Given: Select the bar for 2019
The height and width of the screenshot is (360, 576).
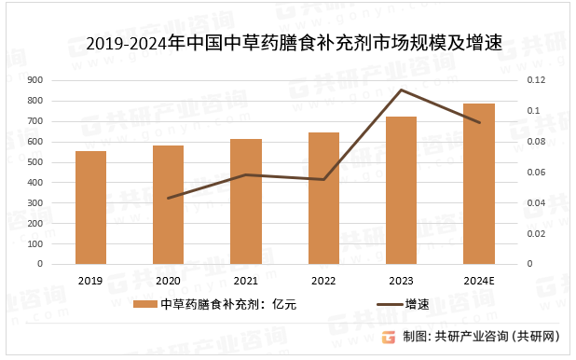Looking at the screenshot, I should (90, 207).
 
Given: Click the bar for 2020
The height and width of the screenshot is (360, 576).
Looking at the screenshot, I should (168, 204).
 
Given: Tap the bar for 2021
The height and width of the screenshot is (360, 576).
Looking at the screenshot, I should (246, 201).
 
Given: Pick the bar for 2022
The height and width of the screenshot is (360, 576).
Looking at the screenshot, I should (323, 198).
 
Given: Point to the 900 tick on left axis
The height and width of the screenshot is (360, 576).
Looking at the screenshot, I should (35, 80).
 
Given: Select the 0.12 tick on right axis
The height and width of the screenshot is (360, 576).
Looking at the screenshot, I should (534, 80).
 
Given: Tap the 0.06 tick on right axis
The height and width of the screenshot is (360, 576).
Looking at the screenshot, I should (534, 172).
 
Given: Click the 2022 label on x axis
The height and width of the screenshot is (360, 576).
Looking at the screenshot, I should (323, 281).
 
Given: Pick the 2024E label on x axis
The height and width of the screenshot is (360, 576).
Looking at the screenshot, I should (478, 281).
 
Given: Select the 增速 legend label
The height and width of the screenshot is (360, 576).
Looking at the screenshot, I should (416, 304).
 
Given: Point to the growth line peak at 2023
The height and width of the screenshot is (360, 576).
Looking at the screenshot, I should (401, 90).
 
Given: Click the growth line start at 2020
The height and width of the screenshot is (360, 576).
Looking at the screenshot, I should (168, 198).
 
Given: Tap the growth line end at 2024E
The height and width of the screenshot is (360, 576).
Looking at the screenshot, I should (478, 122).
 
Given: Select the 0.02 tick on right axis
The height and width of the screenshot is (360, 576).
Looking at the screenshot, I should (534, 233).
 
